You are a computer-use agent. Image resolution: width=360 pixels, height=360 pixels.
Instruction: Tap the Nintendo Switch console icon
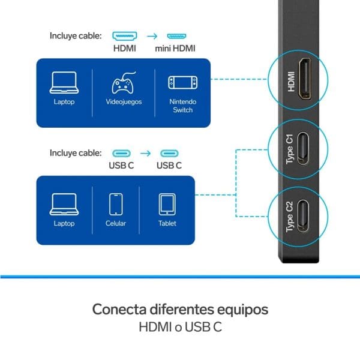183,83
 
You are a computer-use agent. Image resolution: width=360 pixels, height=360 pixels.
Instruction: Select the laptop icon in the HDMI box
64,83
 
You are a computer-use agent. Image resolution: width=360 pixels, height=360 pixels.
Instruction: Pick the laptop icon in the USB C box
64,205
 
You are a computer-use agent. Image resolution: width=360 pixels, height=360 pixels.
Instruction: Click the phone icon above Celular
116,204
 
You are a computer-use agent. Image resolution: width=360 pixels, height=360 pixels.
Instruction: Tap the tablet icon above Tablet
167,205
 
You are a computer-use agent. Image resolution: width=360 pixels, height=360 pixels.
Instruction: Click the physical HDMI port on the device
305,79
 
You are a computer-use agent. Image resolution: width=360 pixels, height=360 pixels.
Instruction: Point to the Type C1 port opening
303,149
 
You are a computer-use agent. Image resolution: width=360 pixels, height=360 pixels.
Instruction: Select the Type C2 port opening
303,216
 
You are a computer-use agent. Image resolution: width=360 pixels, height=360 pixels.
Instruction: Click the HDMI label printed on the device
291,82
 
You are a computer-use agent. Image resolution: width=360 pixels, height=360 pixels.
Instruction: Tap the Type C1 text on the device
290,149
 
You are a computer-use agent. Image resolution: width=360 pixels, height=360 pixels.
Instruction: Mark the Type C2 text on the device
290,217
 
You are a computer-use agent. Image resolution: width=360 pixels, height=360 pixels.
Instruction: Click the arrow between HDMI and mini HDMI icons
152,36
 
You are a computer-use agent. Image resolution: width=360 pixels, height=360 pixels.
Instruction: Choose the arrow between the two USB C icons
145,153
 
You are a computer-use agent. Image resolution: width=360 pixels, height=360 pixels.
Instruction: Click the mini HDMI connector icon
176,36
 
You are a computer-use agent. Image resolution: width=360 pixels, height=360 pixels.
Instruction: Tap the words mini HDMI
175,49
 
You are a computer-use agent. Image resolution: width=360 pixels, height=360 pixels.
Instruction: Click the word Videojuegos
124,102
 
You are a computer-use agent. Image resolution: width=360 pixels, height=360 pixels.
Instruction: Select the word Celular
116,223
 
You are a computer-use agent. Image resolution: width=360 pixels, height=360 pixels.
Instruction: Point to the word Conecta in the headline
119,309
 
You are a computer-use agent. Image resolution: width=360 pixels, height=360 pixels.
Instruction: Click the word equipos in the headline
242,310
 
